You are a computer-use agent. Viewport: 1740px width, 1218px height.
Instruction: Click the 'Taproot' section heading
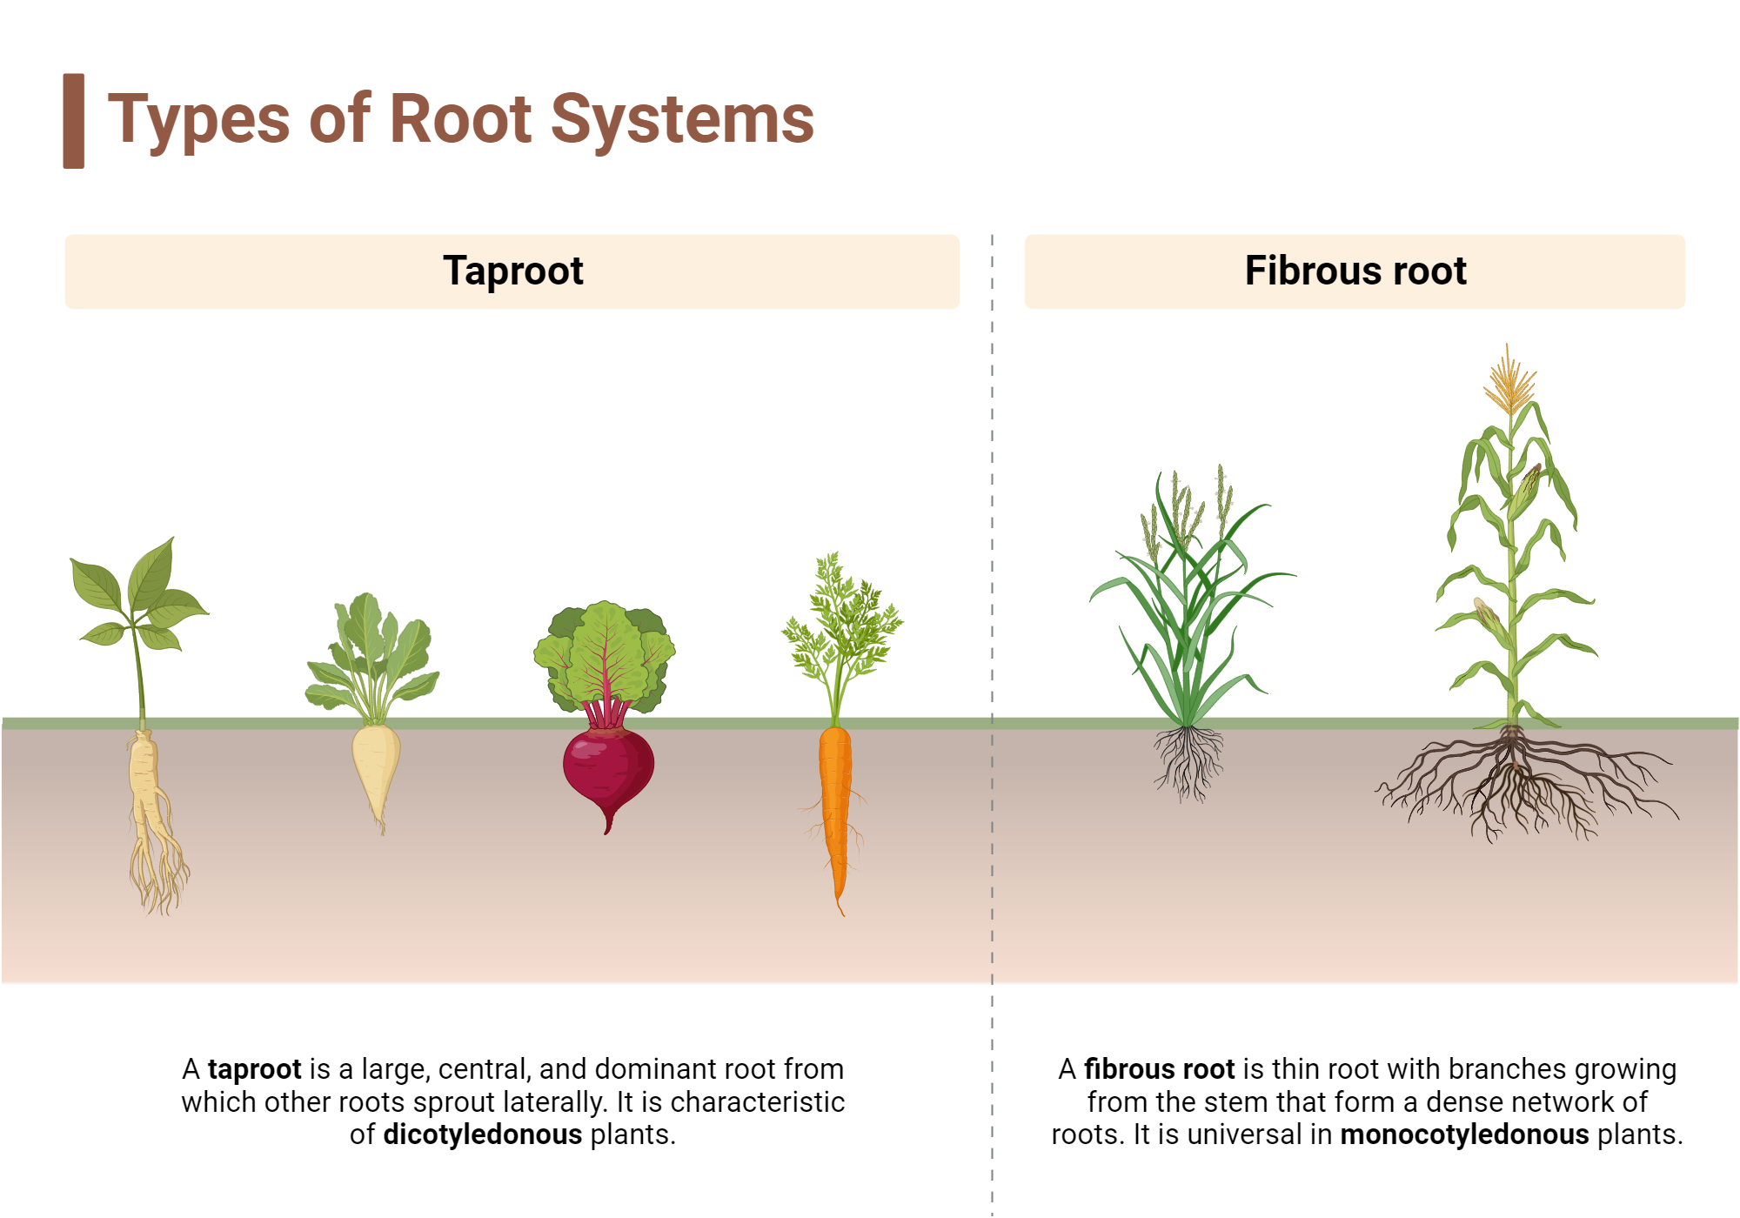click(512, 271)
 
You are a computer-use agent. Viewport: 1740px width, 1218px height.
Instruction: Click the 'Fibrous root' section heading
click(1355, 271)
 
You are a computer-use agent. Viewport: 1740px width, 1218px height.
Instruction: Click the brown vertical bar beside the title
click(74, 121)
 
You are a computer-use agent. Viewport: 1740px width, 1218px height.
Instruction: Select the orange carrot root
click(835, 800)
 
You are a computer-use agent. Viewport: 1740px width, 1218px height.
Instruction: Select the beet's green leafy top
click(605, 652)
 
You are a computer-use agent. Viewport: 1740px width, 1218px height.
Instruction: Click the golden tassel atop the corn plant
click(1509, 383)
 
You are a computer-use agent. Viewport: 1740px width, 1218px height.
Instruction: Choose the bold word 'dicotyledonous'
click(482, 1134)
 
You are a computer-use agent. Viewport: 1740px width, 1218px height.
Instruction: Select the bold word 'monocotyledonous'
click(1464, 1134)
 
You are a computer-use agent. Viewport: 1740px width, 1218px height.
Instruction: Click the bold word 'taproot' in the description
click(254, 1068)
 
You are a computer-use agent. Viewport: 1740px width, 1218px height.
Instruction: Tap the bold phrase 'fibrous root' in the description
click(1159, 1068)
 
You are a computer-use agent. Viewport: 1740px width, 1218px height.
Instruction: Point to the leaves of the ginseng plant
click(144, 592)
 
